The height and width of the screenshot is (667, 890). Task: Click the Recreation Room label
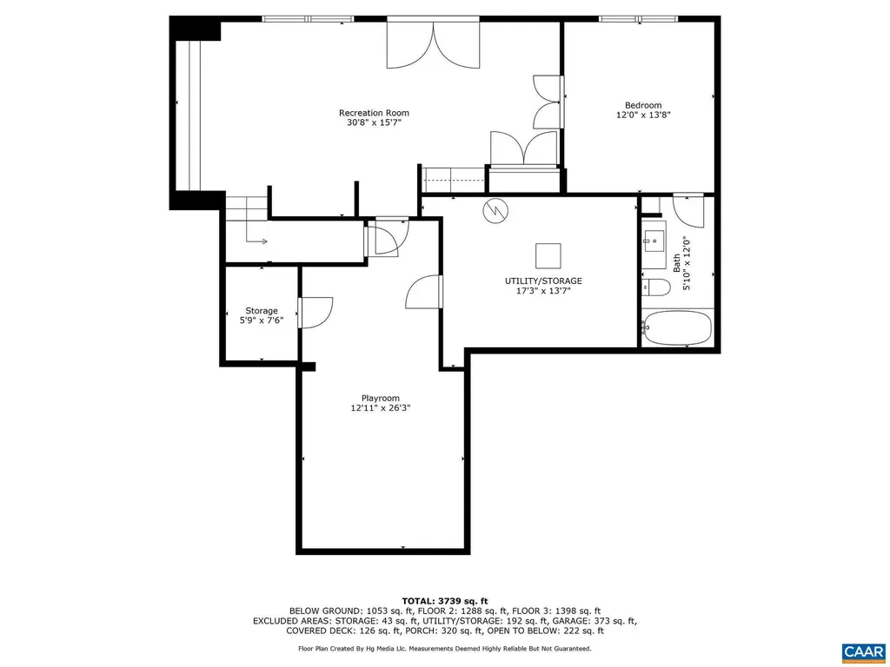tap(374, 113)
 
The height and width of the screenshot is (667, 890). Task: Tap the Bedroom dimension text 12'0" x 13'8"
tap(643, 115)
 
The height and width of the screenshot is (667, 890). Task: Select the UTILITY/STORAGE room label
tap(543, 281)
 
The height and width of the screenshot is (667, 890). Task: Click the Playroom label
tap(381, 398)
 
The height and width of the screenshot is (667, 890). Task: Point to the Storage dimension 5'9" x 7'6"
tap(261, 320)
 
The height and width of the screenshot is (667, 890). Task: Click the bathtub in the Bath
tap(677, 328)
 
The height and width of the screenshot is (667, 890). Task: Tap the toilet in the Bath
tap(654, 287)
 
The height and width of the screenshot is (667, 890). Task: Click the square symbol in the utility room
tap(548, 255)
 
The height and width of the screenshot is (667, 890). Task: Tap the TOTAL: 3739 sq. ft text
tap(444, 601)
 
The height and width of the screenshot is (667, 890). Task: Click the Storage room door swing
tap(315, 313)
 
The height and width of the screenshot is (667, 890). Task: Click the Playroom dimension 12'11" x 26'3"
tap(381, 408)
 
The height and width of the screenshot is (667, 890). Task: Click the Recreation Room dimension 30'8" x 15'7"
tap(374, 123)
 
